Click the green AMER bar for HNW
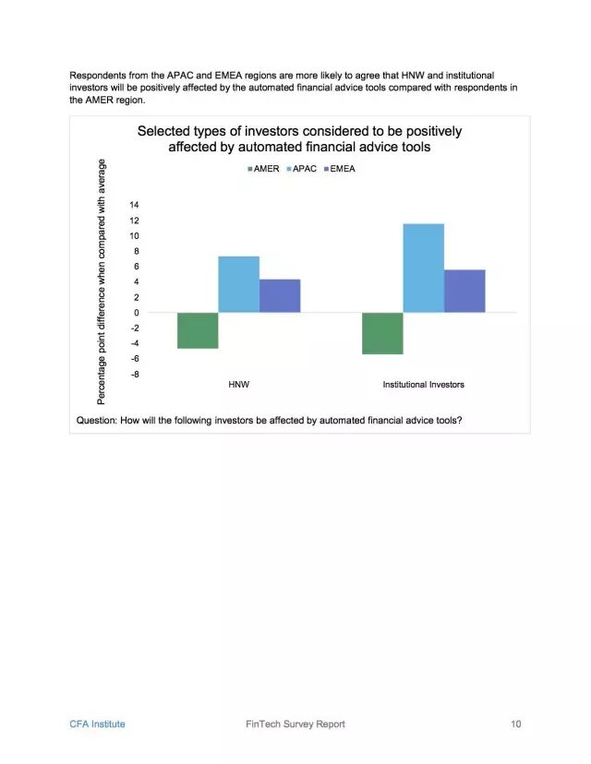198,330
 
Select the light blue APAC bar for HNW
238,284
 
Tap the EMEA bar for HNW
280,295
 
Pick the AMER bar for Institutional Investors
382,333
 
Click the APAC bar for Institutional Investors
423,268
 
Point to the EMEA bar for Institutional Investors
464,291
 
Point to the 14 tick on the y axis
134,205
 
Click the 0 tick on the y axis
136,313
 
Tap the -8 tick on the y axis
134,374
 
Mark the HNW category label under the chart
238,384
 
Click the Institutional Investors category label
423,384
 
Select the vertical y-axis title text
102,281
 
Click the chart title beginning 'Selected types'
299,138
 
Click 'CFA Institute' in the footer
97,724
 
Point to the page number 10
515,724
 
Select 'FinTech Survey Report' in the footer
289,724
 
